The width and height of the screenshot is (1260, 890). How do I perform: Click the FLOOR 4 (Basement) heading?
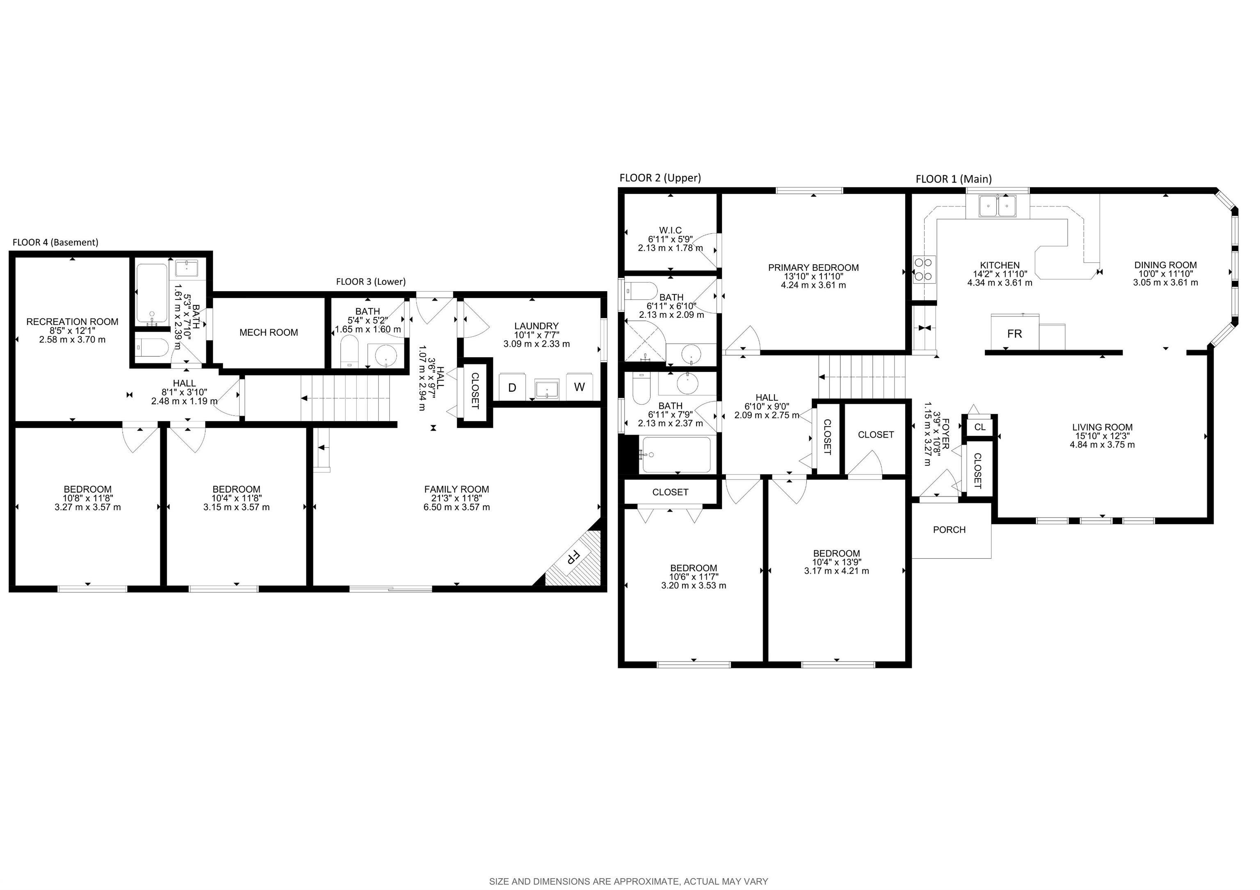click(x=55, y=242)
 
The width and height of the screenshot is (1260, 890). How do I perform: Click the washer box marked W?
click(x=579, y=387)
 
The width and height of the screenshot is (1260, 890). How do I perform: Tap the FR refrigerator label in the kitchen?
click(x=1014, y=333)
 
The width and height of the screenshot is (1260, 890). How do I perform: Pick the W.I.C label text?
click(x=670, y=230)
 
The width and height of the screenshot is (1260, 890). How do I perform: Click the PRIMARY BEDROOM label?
click(x=813, y=268)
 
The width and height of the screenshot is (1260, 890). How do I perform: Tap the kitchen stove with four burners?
click(x=924, y=269)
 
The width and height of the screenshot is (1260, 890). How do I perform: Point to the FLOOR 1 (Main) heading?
click(x=953, y=179)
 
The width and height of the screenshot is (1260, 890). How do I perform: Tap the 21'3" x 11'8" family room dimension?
click(x=456, y=498)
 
